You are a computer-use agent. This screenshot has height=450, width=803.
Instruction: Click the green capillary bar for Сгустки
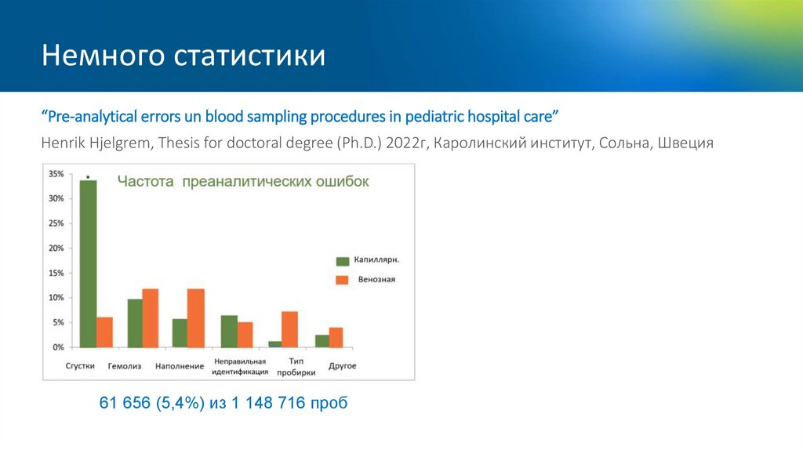[x=89, y=263]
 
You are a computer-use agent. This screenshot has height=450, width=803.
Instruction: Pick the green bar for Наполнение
[x=180, y=333]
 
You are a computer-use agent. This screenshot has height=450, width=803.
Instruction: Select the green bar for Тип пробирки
[x=274, y=344]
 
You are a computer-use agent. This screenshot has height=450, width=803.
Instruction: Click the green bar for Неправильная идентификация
[x=228, y=332]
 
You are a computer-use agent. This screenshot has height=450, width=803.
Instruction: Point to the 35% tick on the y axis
[x=56, y=174]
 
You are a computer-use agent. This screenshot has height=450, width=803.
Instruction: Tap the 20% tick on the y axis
[x=56, y=249]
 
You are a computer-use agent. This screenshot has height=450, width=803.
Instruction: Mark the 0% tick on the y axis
[x=58, y=347]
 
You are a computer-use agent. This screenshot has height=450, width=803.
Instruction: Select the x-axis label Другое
[x=342, y=366]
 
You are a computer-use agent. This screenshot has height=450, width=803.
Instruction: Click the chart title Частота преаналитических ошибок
[x=243, y=181]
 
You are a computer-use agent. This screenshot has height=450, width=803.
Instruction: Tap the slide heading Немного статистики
[x=183, y=56]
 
